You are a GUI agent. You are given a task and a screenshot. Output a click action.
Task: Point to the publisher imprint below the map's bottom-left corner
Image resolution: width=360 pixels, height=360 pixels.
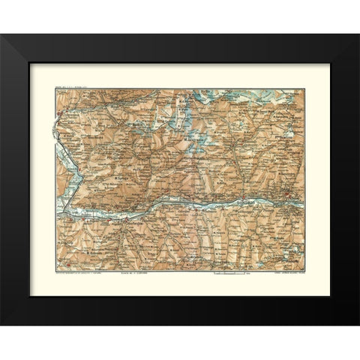click(79, 273)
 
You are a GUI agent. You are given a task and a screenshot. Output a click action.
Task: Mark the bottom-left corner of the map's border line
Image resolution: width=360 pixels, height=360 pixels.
click(56, 270)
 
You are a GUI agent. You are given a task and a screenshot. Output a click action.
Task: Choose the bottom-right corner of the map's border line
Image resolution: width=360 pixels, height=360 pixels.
click(304, 270)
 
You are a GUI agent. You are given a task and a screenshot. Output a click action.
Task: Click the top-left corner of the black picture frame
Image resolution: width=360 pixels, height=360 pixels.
click(1, 34)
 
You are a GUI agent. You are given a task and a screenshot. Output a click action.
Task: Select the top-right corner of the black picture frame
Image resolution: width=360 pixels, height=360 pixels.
click(358, 34)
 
